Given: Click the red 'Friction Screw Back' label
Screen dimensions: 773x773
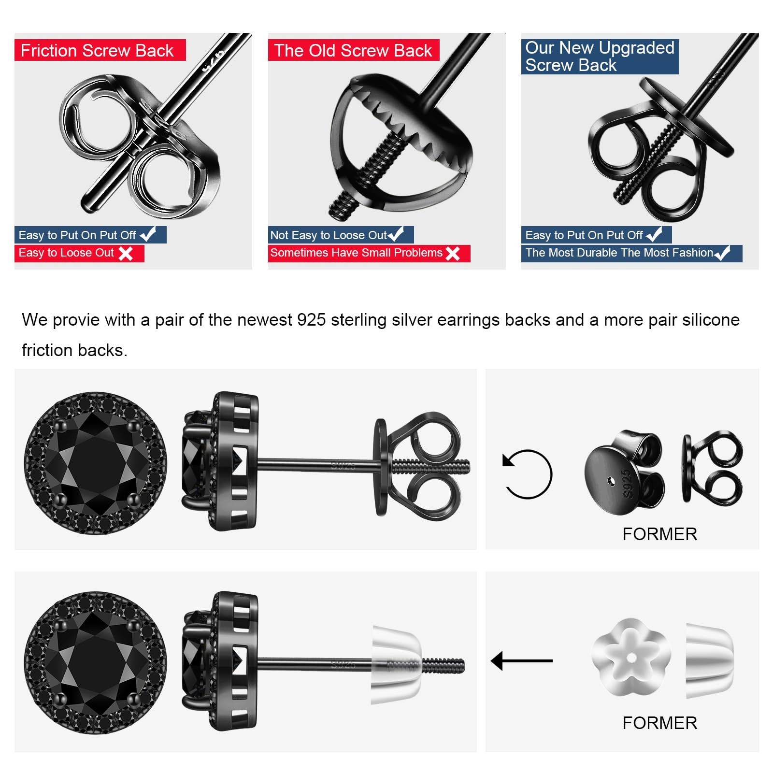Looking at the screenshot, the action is point(100,50).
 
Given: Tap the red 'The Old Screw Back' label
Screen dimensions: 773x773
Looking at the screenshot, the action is point(354,50).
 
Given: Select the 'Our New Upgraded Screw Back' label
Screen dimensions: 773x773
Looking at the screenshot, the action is point(600,57).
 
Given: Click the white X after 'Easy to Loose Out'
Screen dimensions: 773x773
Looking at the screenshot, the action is point(126,253).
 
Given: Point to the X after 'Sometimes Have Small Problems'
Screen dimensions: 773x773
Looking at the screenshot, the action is point(453,253).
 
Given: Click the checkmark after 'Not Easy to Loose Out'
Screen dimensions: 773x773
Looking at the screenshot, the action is point(396,234).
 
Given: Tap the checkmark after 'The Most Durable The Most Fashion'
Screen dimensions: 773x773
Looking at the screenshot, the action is point(722,253).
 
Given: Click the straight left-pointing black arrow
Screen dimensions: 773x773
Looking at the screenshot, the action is point(522,660).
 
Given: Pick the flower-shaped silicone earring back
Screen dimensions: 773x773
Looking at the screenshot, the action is point(631,657).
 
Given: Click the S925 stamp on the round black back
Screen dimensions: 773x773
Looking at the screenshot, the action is point(627,483).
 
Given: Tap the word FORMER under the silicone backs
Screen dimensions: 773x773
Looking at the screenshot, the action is point(659,723).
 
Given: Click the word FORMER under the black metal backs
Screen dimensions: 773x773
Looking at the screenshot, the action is point(659,534).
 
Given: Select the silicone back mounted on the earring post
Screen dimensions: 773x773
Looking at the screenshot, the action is point(396,665).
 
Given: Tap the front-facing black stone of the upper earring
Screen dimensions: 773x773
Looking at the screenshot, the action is point(96,463).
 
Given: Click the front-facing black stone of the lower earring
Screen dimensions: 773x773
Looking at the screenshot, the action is point(96,662).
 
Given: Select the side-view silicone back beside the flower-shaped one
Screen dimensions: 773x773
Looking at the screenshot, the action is point(709,660).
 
